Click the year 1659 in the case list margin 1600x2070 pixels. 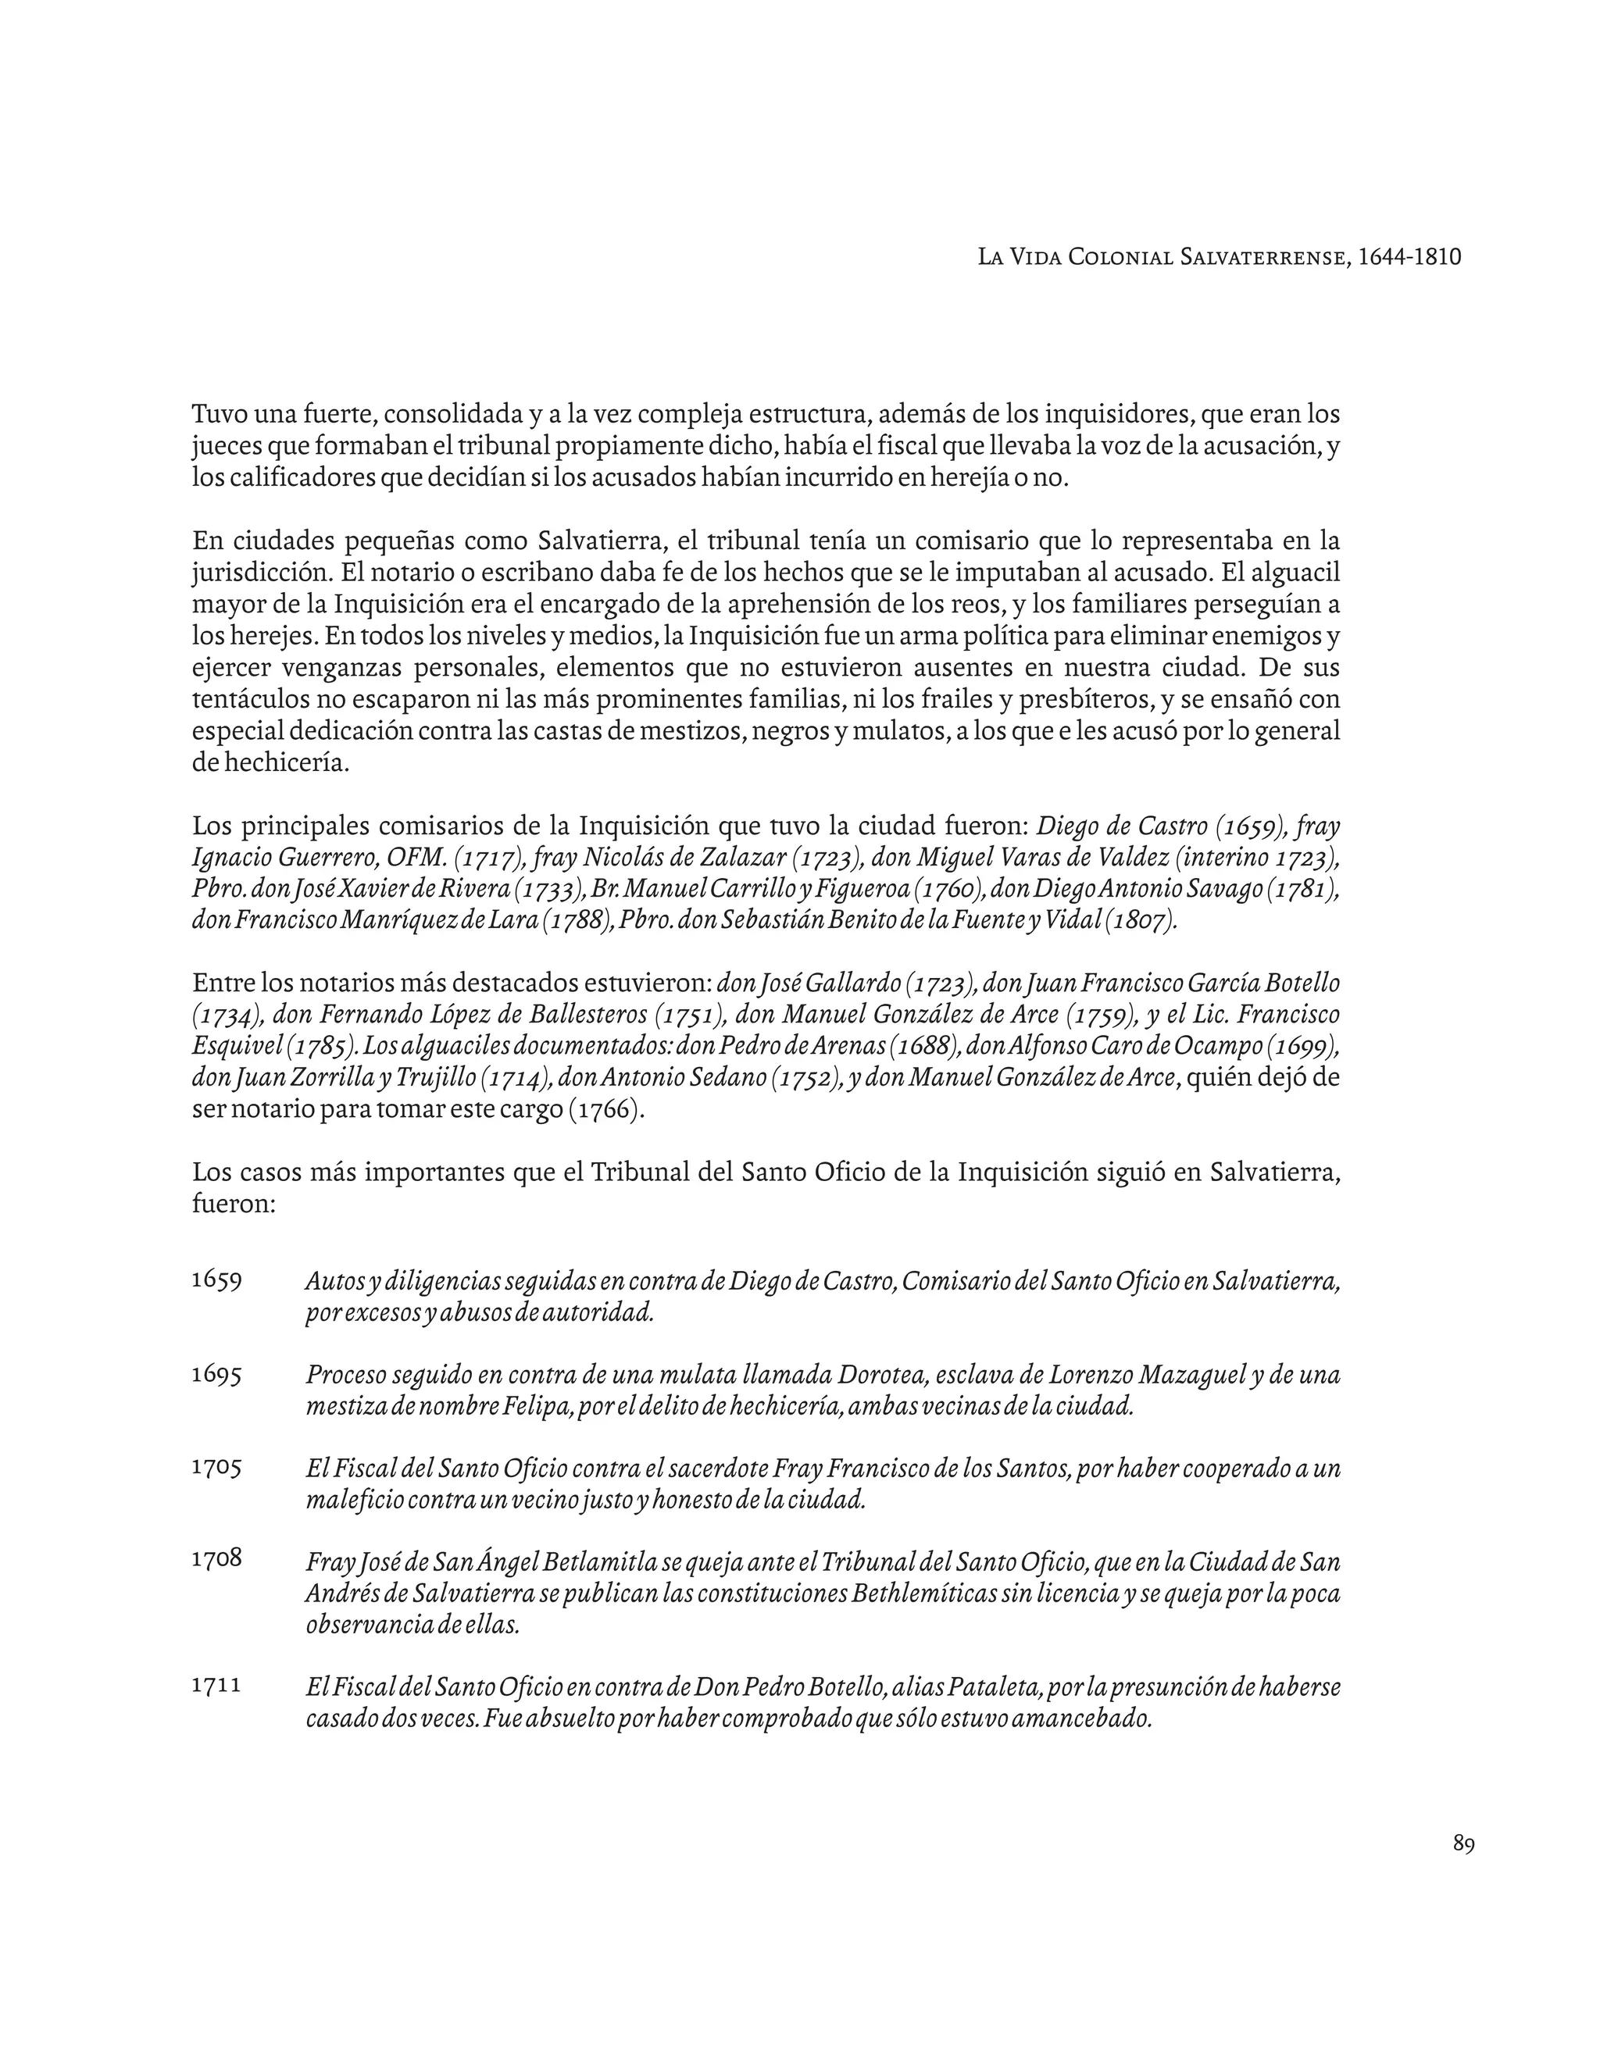pos(216,1279)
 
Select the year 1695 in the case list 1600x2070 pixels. pos(216,1373)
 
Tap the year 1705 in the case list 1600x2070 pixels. pos(216,1467)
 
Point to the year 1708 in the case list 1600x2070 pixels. pos(216,1558)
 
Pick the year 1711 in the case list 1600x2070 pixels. pos(216,1684)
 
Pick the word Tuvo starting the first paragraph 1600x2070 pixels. pos(219,414)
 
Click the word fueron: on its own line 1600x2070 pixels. pos(233,1205)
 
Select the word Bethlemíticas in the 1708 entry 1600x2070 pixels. pos(937,1594)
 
